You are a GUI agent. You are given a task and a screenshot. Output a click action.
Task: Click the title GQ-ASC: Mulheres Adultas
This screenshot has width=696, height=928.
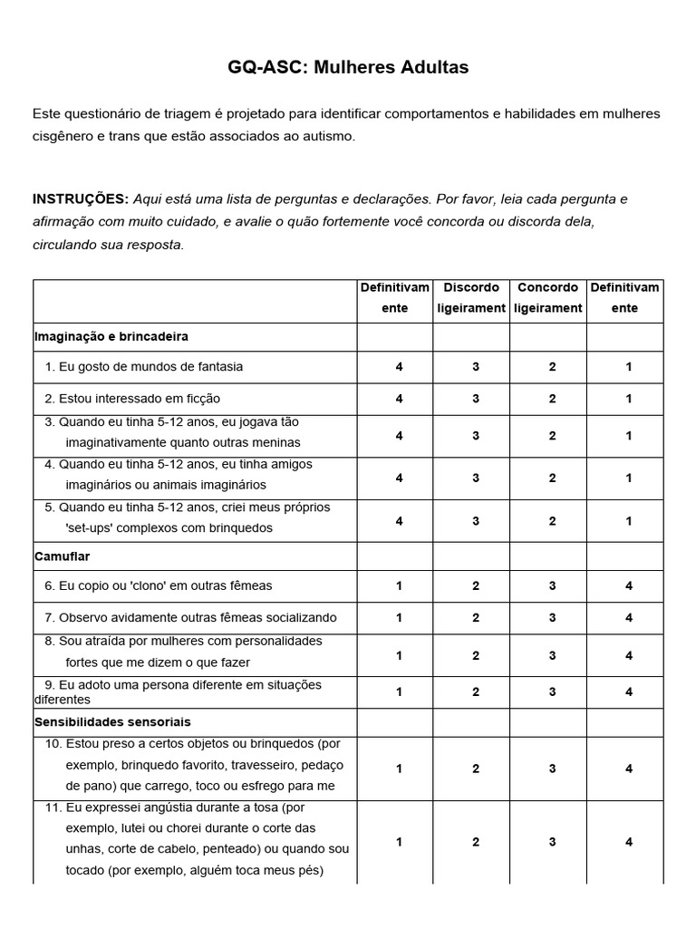coord(348,67)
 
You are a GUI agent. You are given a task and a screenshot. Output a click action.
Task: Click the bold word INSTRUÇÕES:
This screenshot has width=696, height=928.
coord(81,198)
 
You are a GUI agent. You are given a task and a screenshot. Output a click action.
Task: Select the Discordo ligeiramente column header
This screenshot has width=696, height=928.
coord(471,297)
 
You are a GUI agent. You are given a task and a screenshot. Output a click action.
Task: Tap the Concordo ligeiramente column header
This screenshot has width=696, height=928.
coord(547,297)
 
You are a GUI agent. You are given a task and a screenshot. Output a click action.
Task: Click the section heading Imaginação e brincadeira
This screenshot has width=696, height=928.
coord(111,336)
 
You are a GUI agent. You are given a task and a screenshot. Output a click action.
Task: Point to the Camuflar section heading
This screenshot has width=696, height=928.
coord(62,556)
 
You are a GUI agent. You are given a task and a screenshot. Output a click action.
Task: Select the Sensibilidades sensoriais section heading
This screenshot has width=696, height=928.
coord(112,722)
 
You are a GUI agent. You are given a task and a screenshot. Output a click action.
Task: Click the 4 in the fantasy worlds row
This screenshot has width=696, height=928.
coord(399,367)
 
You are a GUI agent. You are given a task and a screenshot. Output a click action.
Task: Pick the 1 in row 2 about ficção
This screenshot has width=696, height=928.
coord(628,399)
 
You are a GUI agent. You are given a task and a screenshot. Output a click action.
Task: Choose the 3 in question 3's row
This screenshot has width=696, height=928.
coord(475,436)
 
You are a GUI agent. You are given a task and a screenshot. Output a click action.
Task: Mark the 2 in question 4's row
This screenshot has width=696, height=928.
coord(552,478)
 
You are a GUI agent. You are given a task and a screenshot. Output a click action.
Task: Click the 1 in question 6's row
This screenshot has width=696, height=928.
coord(399,586)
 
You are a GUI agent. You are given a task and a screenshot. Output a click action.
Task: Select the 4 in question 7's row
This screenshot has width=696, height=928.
coord(628,618)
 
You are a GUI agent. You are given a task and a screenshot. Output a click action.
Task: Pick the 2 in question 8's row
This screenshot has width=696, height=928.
coord(475,655)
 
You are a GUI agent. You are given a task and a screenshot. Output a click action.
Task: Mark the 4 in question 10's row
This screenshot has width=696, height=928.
coord(628,768)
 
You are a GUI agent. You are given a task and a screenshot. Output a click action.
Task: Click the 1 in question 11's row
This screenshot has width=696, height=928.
coord(399,842)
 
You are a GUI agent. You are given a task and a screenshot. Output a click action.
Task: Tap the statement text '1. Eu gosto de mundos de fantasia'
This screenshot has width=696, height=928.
coord(144,367)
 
